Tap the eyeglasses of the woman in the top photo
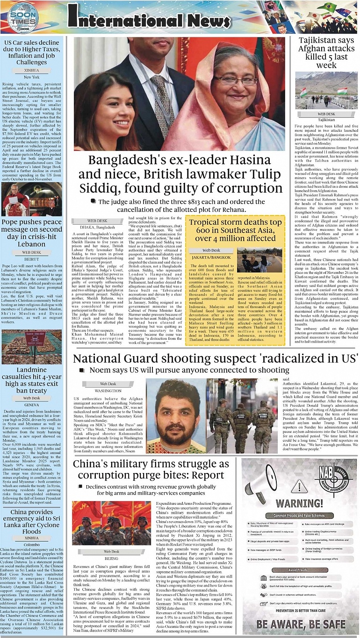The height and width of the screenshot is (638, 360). click(x=242, y=80)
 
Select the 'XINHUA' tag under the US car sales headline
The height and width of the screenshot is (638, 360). click(x=32, y=70)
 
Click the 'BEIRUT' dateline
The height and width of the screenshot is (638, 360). click(x=32, y=258)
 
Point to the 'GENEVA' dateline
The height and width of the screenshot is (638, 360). click(x=32, y=404)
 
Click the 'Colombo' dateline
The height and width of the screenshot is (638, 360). click(x=32, y=545)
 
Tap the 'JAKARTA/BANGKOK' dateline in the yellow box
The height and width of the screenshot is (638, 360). click(x=211, y=257)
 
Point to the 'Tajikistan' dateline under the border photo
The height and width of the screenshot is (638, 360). click(x=326, y=120)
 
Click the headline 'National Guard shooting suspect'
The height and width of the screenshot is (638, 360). click(x=216, y=359)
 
